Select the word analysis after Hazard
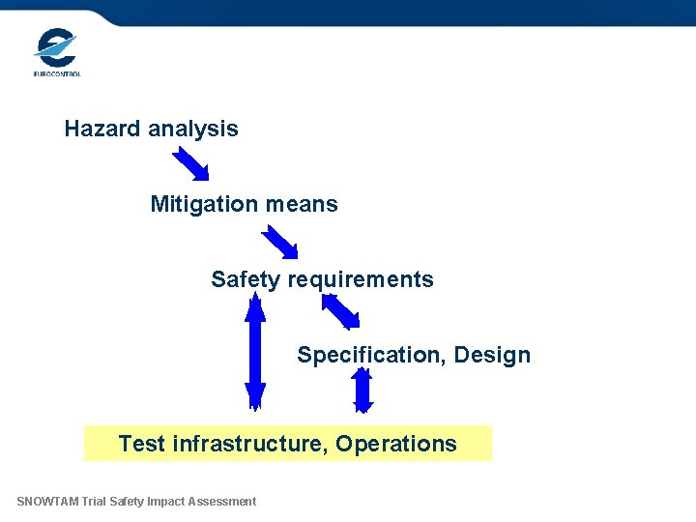click(192, 129)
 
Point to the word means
click(302, 204)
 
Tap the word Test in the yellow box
click(142, 444)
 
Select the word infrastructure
click(249, 444)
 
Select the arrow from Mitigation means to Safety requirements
click(280, 242)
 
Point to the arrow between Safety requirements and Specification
click(340, 311)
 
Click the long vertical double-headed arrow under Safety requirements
click(255, 353)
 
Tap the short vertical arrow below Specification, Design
click(362, 391)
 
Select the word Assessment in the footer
click(222, 501)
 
